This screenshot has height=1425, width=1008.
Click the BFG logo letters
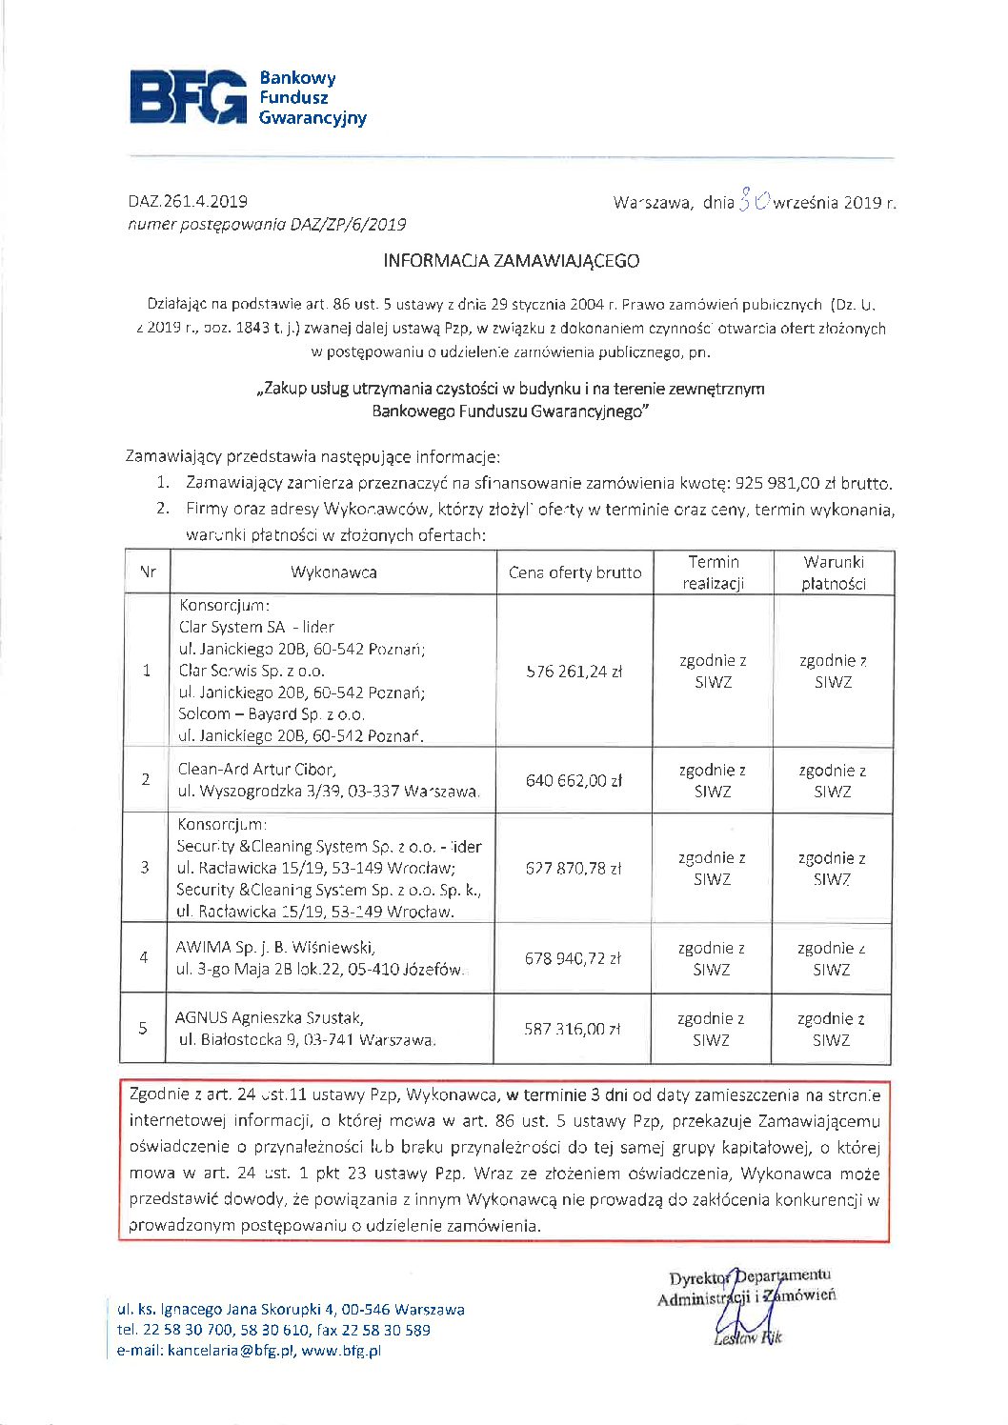(188, 96)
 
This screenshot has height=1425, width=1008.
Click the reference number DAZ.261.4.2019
(188, 201)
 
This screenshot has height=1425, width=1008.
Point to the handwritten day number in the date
(753, 201)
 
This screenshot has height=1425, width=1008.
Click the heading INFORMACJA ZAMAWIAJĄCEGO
(511, 260)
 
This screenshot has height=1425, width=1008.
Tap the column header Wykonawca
(333, 572)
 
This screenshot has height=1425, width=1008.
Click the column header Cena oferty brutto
(575, 572)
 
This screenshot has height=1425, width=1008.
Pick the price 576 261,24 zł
(575, 671)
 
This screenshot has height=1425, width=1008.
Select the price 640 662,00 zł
(574, 780)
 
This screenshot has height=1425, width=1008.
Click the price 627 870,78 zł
(574, 868)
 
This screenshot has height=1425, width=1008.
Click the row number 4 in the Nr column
(144, 957)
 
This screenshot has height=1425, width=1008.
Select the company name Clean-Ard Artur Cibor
(256, 769)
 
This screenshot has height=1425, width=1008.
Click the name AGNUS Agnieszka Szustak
(270, 1017)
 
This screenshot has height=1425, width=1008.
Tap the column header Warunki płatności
(833, 572)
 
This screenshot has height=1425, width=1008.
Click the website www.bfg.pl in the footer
(341, 1350)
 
